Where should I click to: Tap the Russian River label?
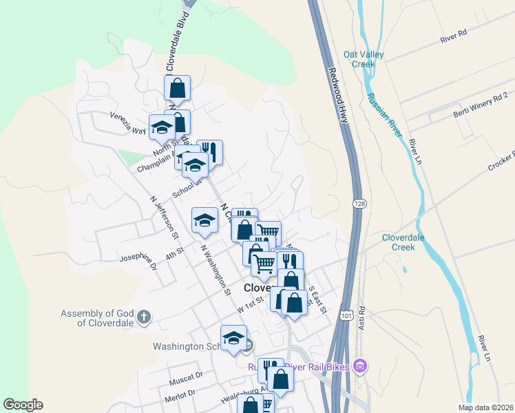(385, 116)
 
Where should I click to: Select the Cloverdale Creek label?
(408, 242)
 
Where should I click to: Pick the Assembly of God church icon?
(143, 317)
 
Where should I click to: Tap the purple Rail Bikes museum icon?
(359, 366)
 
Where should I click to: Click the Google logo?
(23, 405)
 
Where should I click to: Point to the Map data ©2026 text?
(485, 407)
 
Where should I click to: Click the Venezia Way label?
(128, 122)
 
